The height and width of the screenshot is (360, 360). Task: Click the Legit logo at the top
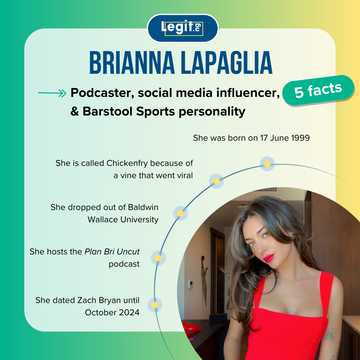[x=180, y=27]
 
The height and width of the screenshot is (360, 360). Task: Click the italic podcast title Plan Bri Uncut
[x=121, y=256]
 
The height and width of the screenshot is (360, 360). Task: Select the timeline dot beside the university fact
[x=179, y=213]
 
